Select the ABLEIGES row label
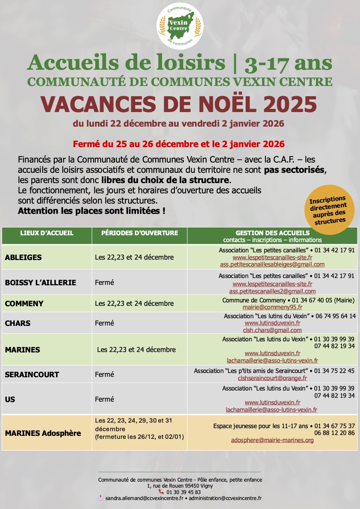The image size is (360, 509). click(x=23, y=257)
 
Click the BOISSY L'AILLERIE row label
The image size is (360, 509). click(x=41, y=283)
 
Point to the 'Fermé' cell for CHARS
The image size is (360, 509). click(x=104, y=323)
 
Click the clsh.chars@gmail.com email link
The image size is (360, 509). click(x=272, y=330)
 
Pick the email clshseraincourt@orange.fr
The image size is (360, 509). click(x=272, y=378)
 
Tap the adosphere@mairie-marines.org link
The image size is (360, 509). click(x=272, y=440)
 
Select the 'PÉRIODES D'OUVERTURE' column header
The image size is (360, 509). click(x=139, y=233)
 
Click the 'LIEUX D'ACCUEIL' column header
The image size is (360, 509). click(x=47, y=233)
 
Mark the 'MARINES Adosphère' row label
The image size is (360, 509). click(x=43, y=433)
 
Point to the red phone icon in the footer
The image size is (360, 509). click(x=161, y=492)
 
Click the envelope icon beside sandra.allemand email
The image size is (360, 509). click(x=100, y=498)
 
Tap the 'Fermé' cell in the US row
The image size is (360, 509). click(x=104, y=399)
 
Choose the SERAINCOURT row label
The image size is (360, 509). click(x=32, y=375)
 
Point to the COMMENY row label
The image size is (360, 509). click(x=24, y=304)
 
